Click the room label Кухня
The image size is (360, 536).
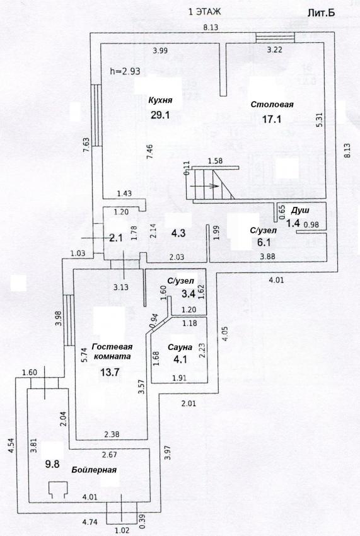[x=160, y=100]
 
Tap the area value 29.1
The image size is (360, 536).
[x=160, y=115]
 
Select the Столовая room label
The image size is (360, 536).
[x=272, y=105]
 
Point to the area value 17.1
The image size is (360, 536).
[x=272, y=119]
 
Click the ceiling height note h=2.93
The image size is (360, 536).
[x=125, y=71]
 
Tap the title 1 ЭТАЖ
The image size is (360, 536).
[x=205, y=12]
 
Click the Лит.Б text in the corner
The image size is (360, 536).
[x=321, y=13]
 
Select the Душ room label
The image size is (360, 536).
[x=301, y=210]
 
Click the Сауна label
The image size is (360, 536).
[x=180, y=347]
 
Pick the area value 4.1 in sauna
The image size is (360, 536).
[x=180, y=359]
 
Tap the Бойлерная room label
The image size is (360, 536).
[x=94, y=470]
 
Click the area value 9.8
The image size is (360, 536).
[x=52, y=464]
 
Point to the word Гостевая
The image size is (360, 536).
[x=112, y=347]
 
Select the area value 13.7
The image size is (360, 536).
[x=110, y=372]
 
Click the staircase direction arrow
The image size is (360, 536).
[x=204, y=186]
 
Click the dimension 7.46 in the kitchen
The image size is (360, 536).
[x=149, y=152]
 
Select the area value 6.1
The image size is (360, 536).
[x=264, y=242]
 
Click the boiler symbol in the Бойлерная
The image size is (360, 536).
[x=57, y=489]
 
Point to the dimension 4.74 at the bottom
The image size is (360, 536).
[x=91, y=521]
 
